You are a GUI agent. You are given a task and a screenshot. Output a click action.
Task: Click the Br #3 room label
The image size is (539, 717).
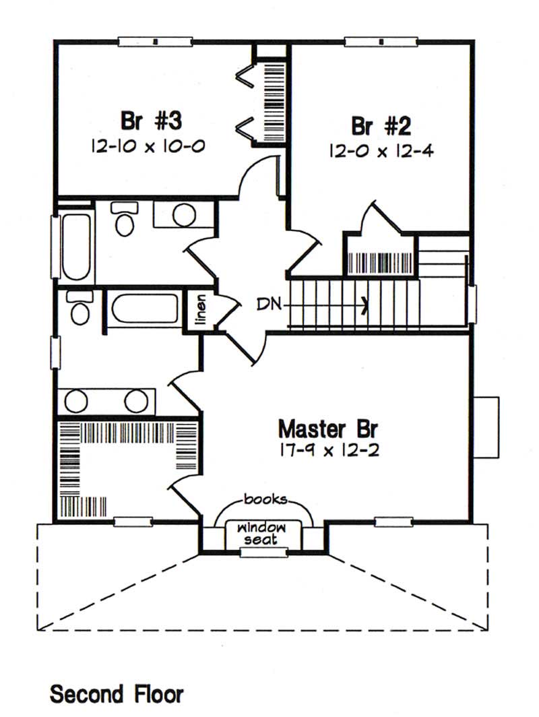click(152, 121)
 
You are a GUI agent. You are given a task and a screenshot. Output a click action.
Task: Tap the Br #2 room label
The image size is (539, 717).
click(381, 125)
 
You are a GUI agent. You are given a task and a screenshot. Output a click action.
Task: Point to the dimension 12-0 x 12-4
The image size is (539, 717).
click(381, 150)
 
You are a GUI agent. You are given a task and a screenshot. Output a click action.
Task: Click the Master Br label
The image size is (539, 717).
click(328, 428)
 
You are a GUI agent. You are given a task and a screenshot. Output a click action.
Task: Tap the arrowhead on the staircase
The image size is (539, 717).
click(364, 305)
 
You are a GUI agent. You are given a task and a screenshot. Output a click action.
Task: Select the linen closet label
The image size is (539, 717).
click(201, 311)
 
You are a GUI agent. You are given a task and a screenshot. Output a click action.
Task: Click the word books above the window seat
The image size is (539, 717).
click(265, 499)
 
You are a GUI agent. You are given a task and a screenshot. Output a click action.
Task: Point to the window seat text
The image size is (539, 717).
click(265, 532)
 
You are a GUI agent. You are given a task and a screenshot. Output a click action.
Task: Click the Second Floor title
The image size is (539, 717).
click(116, 693)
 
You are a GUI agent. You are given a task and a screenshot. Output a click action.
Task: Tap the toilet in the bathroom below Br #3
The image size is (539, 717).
click(124, 220)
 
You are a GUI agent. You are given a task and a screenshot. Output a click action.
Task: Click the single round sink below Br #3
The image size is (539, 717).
click(183, 214)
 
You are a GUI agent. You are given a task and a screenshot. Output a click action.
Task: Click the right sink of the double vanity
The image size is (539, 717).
click(136, 402)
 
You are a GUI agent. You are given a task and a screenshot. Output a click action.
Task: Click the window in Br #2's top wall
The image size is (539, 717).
click(381, 41)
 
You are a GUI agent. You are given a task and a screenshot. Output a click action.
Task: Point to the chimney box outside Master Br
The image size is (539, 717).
click(486, 418)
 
